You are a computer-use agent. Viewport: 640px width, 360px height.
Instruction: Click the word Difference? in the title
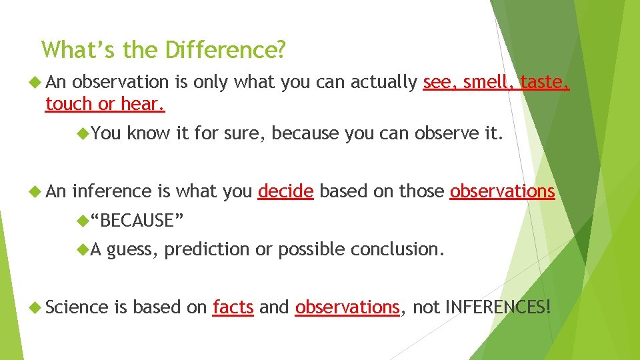226,50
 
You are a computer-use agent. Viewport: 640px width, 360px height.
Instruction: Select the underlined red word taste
545,82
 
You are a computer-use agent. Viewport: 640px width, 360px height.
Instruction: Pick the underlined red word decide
285,191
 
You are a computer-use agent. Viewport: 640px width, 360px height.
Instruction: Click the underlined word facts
233,307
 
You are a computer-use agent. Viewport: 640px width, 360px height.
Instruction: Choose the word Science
77,307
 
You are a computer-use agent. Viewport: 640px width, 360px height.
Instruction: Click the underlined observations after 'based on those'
502,191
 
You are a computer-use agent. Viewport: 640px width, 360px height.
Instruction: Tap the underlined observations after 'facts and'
347,307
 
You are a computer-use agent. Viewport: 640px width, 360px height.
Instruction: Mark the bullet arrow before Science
36,307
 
